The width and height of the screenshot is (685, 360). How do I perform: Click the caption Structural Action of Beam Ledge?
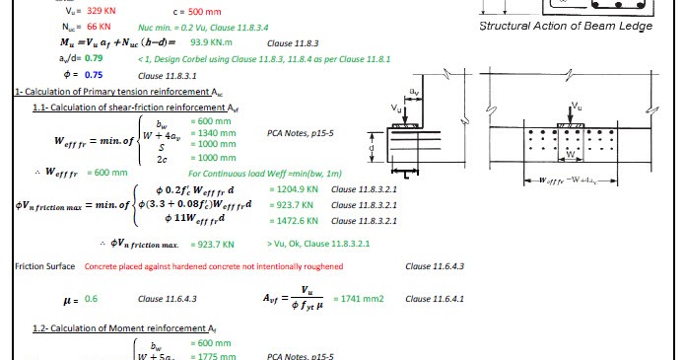[565, 26]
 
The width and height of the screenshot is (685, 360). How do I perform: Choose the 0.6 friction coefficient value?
[91, 298]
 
